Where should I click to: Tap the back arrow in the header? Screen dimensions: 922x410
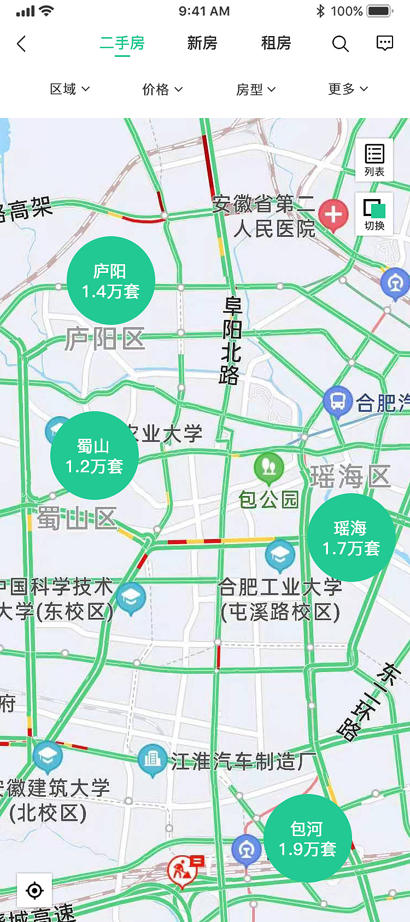click(x=22, y=44)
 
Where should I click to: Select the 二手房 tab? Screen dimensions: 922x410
click(x=122, y=43)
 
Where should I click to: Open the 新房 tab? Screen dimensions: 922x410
click(x=202, y=43)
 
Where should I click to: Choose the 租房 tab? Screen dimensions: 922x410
click(x=276, y=43)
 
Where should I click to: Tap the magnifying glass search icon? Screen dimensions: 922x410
click(x=340, y=44)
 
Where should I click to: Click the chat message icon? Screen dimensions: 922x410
click(x=385, y=43)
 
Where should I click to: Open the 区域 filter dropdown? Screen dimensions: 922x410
click(x=69, y=89)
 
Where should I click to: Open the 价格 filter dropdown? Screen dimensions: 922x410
click(x=162, y=89)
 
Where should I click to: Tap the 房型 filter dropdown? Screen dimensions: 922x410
click(x=255, y=89)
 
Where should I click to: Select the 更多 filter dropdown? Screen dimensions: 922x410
click(x=348, y=89)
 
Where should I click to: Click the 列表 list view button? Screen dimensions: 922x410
click(x=374, y=160)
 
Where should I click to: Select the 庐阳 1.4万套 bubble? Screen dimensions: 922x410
click(x=111, y=281)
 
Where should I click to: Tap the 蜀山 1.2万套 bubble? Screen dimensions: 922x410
click(x=95, y=456)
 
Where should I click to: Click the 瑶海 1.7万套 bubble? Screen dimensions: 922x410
click(x=351, y=538)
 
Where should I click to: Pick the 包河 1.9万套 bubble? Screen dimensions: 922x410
click(x=307, y=838)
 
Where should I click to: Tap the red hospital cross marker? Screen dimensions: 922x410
click(x=333, y=214)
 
